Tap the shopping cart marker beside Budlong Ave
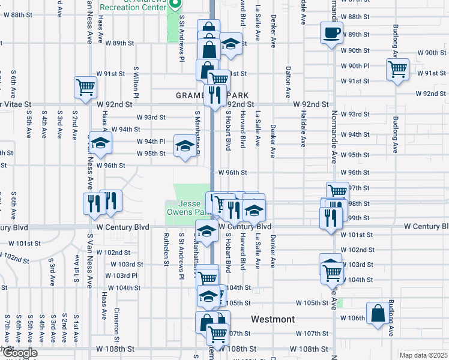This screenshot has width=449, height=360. click(x=397, y=70)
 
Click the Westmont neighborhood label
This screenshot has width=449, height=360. click(x=273, y=319)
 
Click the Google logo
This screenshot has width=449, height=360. click(x=19, y=353)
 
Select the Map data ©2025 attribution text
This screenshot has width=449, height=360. click(x=423, y=355)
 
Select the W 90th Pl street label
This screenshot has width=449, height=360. click(x=354, y=65)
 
